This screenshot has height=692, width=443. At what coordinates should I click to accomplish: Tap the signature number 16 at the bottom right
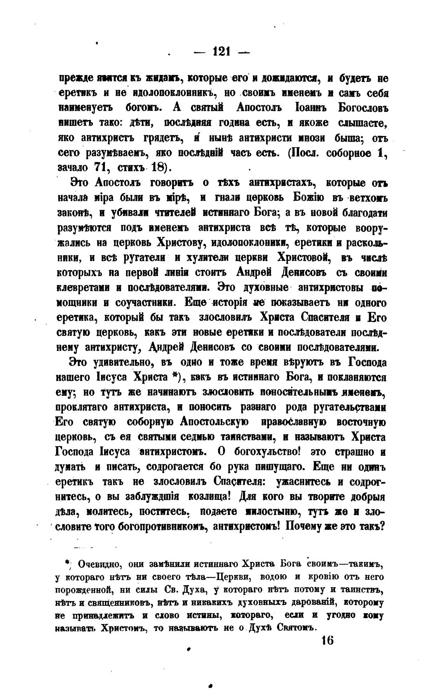tap(328, 640)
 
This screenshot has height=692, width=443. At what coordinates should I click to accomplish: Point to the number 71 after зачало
tap(100, 167)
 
